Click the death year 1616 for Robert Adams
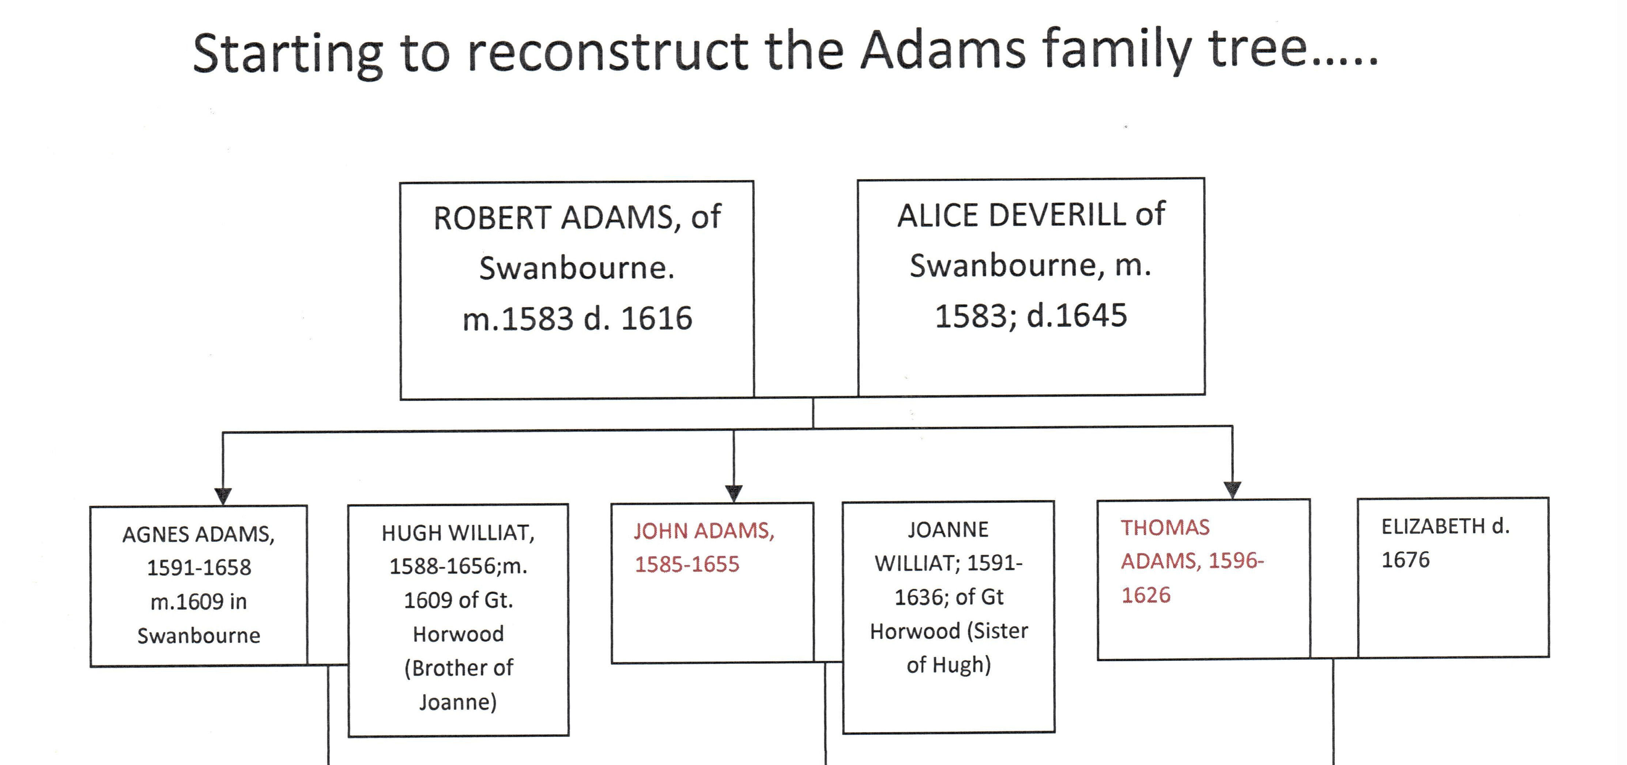click(x=657, y=318)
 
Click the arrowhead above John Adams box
click(x=733, y=493)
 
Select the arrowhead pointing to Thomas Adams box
click(x=1232, y=490)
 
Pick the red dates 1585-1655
click(x=686, y=564)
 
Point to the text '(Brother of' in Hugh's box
click(x=459, y=668)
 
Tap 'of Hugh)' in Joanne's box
click(x=949, y=664)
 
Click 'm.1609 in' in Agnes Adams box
click(x=198, y=602)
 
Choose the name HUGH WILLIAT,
click(x=458, y=533)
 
